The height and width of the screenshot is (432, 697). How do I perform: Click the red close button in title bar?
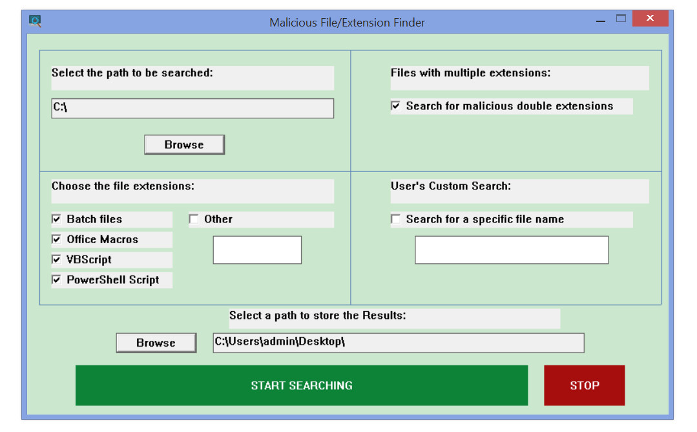coord(650,18)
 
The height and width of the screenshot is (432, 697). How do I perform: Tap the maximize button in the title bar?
coord(621,18)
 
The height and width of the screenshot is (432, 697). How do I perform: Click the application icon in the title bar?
coord(35,21)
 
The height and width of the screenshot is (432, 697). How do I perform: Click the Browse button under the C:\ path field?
coord(185,145)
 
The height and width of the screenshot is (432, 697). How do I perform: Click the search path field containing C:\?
coord(192,108)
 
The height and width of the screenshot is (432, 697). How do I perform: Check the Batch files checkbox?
coord(56,219)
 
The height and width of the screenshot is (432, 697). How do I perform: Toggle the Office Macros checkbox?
coord(56,239)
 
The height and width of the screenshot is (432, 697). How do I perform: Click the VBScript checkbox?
coord(56,259)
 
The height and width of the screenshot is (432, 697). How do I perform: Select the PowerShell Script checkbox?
coord(56,280)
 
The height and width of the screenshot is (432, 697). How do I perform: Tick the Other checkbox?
coord(194,219)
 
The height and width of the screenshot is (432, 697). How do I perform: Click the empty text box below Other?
coord(257,250)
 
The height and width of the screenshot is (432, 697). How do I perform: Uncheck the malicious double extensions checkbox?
coord(395,106)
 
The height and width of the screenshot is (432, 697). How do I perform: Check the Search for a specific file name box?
coord(395,219)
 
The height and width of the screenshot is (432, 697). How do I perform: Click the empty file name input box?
coord(512,250)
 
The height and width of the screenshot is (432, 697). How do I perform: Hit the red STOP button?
coord(585,385)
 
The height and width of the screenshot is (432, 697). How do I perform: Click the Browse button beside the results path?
coord(156,343)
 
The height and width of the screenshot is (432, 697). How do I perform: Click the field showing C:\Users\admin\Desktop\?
coord(399,343)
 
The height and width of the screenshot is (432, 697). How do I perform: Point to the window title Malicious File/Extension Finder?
coord(347,23)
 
